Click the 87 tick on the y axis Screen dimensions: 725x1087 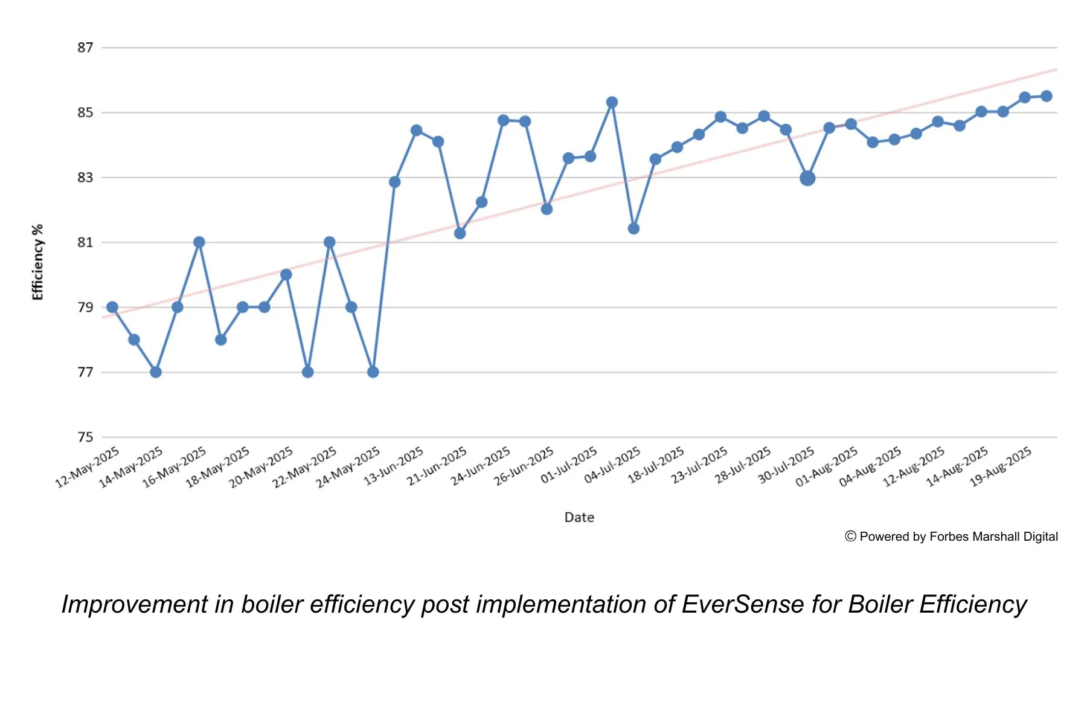tap(85, 48)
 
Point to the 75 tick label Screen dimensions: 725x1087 tap(85, 437)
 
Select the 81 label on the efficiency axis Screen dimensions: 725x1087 tap(85, 242)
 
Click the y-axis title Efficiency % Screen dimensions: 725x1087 tap(37, 262)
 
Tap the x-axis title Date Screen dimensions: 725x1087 tap(579, 517)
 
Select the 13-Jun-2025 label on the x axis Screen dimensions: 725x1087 tap(394, 466)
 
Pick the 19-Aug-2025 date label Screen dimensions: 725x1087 tap(1001, 467)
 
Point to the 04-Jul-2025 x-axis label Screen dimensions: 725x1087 tap(613, 466)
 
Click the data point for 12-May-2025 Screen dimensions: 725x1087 tap(112, 307)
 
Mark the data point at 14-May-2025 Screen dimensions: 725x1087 tap(156, 372)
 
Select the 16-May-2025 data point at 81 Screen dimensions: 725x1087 tap(199, 242)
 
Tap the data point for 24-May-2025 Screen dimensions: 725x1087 tap(373, 372)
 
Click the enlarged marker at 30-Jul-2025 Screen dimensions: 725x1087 tap(807, 178)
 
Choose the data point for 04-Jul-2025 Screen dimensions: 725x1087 tap(633, 228)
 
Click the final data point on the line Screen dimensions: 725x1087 tap(1047, 96)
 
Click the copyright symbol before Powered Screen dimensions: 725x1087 tap(850, 536)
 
